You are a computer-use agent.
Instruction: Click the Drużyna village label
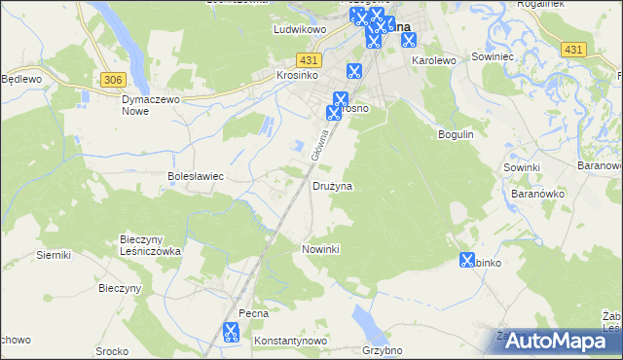tap(332, 185)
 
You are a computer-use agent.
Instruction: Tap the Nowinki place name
tap(320, 249)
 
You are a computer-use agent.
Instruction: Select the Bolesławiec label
tap(197, 176)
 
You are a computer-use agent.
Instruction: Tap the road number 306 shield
tap(113, 79)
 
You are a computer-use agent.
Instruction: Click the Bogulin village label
tap(456, 133)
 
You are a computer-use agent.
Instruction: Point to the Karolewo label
tap(434, 60)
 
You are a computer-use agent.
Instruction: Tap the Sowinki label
tap(522, 167)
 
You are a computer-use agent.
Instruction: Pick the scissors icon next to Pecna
tap(231, 332)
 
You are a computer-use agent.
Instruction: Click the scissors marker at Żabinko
tap(467, 260)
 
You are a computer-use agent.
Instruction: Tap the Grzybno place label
tap(382, 349)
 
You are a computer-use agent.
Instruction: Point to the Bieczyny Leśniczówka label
tap(150, 244)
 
